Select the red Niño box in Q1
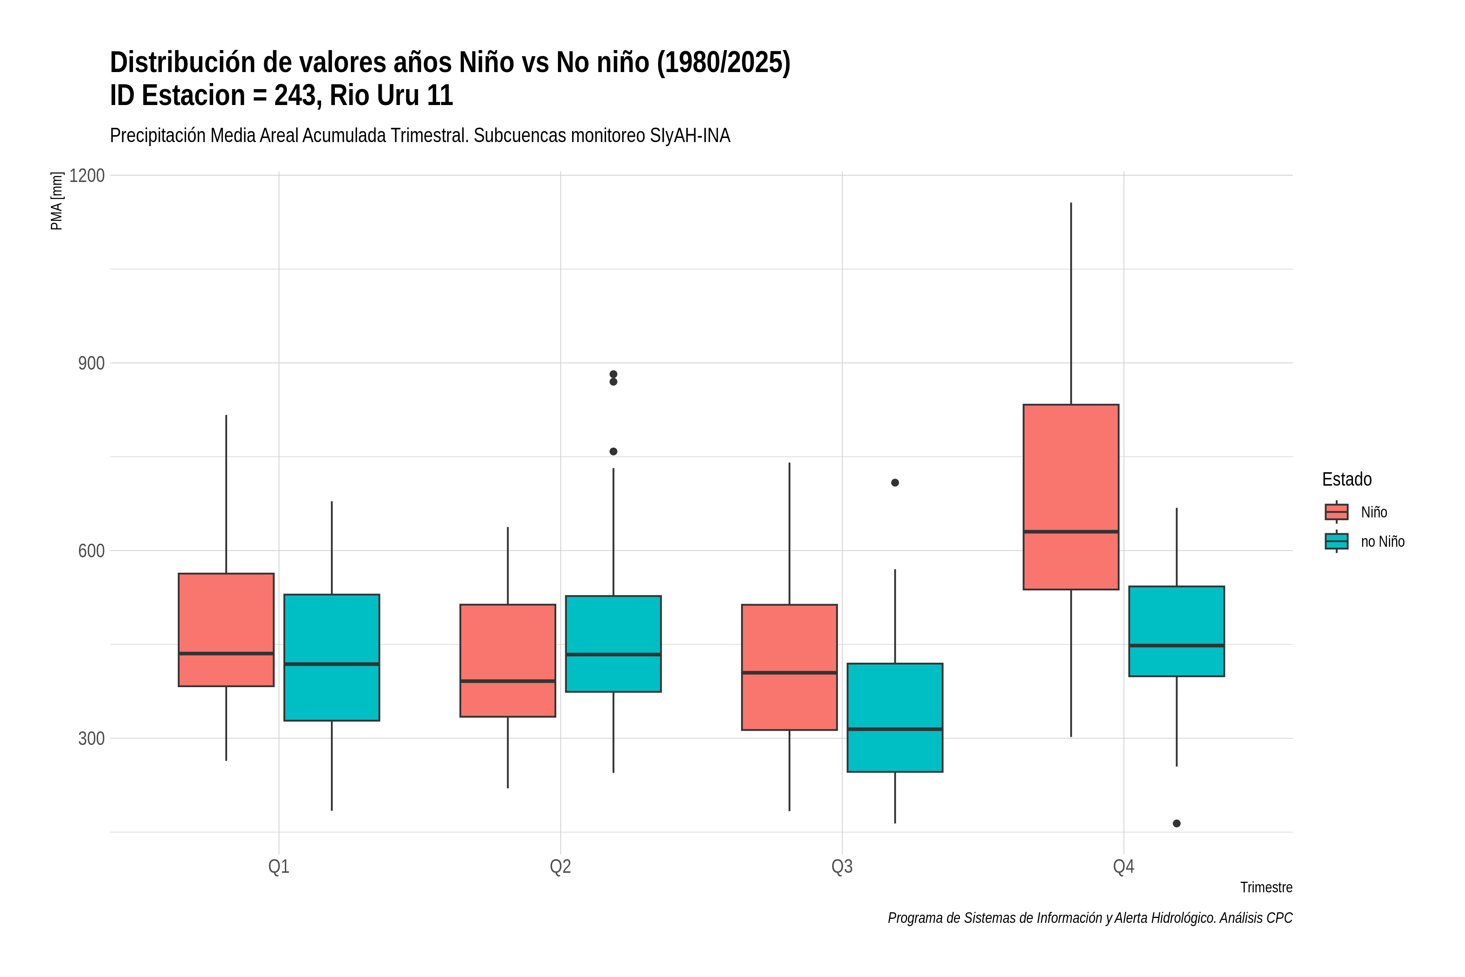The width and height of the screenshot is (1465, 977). tap(226, 630)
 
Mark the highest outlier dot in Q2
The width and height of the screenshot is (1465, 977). tap(614, 375)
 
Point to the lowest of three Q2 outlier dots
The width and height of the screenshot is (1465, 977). tap(614, 452)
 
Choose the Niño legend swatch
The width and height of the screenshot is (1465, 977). tap(1337, 512)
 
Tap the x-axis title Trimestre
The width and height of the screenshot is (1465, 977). tap(1266, 887)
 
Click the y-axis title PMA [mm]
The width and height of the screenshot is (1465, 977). tap(57, 201)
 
